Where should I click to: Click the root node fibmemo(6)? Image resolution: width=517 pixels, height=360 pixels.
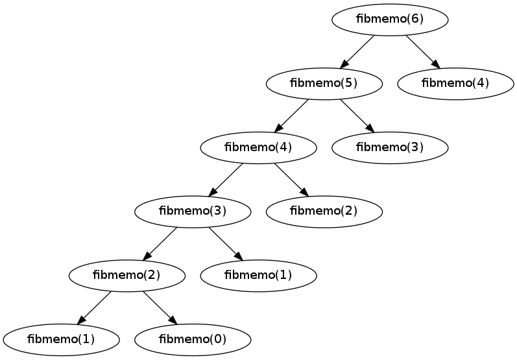click(390, 19)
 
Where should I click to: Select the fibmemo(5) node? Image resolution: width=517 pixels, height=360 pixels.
click(324, 83)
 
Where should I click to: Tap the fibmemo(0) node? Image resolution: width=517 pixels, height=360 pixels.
click(192, 339)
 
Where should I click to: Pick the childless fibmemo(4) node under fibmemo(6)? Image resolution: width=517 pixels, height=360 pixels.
click(455, 83)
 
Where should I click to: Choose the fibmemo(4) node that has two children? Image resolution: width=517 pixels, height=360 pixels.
click(258, 147)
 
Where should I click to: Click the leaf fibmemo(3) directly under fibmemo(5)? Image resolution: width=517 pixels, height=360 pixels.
click(390, 147)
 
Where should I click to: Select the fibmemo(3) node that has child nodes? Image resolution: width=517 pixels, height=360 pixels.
click(192, 211)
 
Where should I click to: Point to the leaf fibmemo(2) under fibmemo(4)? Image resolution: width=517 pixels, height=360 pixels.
click(324, 211)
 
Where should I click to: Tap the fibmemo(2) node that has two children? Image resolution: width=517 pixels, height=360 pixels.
click(126, 274)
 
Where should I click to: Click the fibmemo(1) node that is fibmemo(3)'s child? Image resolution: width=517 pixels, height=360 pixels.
click(258, 274)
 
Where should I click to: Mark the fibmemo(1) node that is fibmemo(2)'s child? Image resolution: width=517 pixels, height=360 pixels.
click(61, 339)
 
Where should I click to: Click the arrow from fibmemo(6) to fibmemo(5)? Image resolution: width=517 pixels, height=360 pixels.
click(357, 51)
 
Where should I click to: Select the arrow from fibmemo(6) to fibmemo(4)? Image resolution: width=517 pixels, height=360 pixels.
click(422, 51)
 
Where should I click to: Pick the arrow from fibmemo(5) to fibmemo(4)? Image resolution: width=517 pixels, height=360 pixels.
click(291, 115)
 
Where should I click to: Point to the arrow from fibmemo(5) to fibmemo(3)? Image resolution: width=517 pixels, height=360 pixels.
click(356, 115)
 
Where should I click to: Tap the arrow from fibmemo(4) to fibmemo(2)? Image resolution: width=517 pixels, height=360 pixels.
click(290, 178)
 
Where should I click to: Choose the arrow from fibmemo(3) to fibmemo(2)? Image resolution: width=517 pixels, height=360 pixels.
click(160, 243)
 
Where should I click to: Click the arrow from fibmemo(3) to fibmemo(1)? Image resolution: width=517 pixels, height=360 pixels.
click(224, 243)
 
